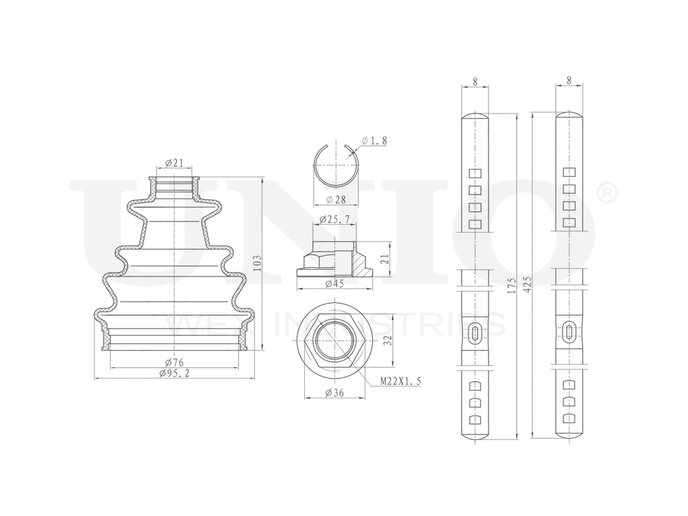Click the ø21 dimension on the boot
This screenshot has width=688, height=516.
pyautogui.click(x=174, y=163)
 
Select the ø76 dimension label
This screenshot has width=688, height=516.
pyautogui.click(x=173, y=363)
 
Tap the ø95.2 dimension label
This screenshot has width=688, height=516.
pyautogui.click(x=173, y=374)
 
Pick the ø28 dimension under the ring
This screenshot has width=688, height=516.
pyautogui.click(x=336, y=199)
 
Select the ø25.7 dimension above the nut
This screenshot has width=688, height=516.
pyautogui.click(x=335, y=219)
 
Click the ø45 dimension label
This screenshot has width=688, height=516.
pyautogui.click(x=336, y=283)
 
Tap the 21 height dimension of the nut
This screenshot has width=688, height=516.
pyautogui.click(x=385, y=259)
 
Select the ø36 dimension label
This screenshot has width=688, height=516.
pyautogui.click(x=335, y=393)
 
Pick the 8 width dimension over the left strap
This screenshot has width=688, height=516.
pyautogui.click(x=475, y=80)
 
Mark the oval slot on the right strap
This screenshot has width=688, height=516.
pyautogui.click(x=568, y=331)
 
